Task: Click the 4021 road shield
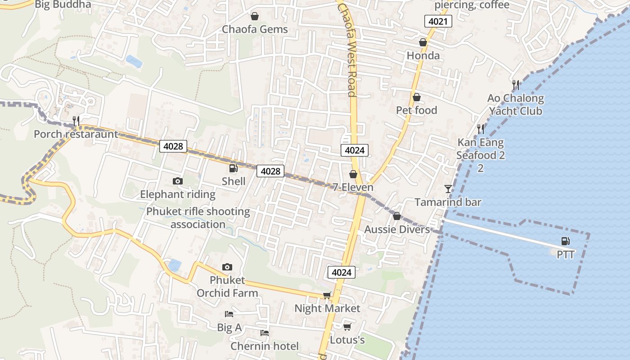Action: [438, 21]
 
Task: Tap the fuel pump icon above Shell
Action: [233, 168]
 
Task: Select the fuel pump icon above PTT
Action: [566, 241]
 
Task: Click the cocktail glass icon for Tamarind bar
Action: [448, 189]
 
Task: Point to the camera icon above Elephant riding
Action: [178, 181]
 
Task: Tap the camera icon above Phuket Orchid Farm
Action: [227, 267]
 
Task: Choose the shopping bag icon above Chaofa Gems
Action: [255, 16]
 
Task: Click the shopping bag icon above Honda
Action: [423, 42]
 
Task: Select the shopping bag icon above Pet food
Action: [417, 97]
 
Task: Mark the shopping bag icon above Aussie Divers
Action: [397, 216]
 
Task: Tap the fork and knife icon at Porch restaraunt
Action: [76, 121]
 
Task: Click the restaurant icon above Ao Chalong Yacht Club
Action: [516, 85]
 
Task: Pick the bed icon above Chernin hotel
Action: [265, 333]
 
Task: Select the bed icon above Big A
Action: [229, 314]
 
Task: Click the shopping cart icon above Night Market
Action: [327, 295]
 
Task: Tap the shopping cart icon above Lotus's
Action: [347, 326]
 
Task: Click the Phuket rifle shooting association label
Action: [198, 218]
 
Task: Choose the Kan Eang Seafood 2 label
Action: [481, 155]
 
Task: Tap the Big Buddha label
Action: [63, 4]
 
